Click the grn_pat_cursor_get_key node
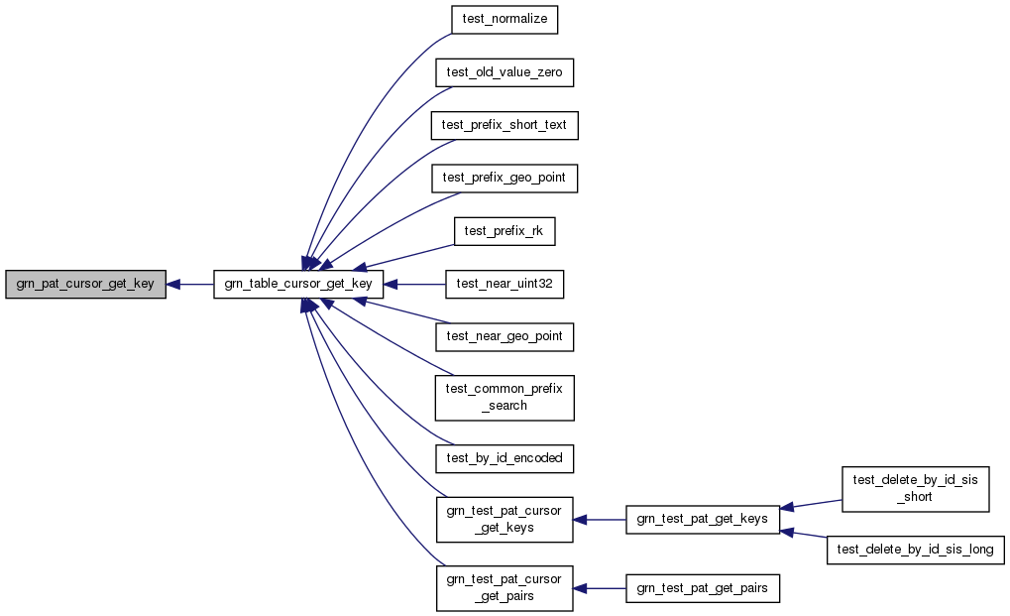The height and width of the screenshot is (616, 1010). pyautogui.click(x=85, y=284)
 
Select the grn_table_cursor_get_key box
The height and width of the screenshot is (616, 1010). pyautogui.click(x=298, y=284)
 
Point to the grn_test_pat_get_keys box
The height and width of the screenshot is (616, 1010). pyautogui.click(x=703, y=519)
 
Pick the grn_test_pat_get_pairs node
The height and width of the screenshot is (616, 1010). pyautogui.click(x=703, y=587)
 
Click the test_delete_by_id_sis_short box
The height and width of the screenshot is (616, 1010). pyautogui.click(x=915, y=488)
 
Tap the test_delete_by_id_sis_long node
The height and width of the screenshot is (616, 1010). pyautogui.click(x=915, y=549)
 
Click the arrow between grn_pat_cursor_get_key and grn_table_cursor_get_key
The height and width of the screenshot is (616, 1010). pyautogui.click(x=190, y=284)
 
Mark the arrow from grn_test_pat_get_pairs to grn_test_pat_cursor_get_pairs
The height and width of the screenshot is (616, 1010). pyautogui.click(x=600, y=587)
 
